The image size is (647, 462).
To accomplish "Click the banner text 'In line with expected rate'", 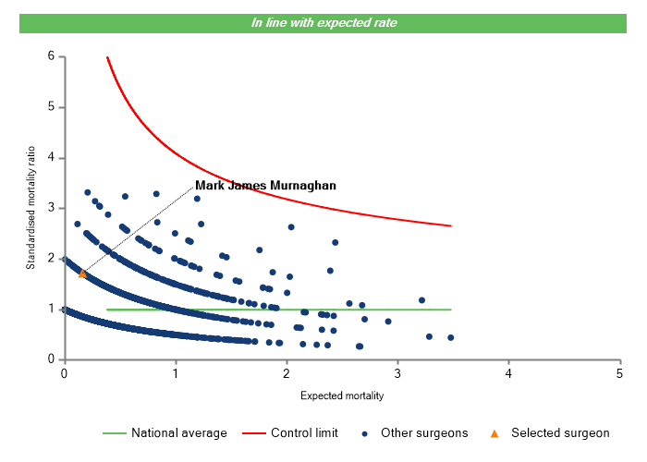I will point(323,22).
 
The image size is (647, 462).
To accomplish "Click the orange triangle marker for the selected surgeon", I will point(82,274).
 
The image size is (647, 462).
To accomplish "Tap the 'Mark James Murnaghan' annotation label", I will point(265,186).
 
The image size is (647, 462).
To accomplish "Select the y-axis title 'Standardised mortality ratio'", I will point(31,205).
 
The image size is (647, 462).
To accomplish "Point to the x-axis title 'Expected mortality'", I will point(342,396).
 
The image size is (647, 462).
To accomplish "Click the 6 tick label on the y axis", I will point(51,56).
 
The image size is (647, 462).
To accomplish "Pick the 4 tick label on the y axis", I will point(51,158).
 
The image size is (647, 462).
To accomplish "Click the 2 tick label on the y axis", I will point(51,259).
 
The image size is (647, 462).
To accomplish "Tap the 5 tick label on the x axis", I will point(619,373).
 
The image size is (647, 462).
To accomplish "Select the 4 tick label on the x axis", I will point(508,373).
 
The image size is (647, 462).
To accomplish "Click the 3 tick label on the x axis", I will point(397,373).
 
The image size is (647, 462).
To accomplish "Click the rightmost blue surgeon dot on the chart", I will point(450,337).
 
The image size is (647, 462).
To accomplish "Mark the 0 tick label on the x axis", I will point(64,373).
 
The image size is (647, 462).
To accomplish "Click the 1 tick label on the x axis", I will point(175,373).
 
